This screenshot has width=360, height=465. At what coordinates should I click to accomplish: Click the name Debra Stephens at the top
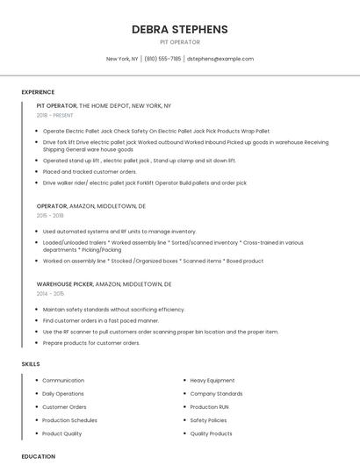(x=179, y=29)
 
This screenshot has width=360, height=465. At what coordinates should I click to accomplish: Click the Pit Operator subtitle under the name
(x=179, y=42)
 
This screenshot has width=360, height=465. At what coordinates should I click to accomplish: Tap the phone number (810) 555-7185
(x=162, y=59)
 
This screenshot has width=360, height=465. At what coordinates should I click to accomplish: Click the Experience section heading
(x=38, y=91)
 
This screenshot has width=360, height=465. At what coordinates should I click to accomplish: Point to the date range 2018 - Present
(x=55, y=115)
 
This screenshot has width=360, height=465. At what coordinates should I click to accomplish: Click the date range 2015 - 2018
(x=50, y=215)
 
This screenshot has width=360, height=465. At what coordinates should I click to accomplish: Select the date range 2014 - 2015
(x=50, y=294)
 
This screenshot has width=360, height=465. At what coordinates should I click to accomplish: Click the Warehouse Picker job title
(x=64, y=284)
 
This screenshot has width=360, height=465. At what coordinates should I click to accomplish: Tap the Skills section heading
(x=31, y=363)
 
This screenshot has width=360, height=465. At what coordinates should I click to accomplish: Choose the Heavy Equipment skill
(x=212, y=381)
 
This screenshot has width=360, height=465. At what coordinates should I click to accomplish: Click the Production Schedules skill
(x=69, y=420)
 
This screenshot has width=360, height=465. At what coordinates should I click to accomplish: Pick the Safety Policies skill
(x=208, y=420)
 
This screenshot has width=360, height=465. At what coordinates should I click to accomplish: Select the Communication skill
(x=63, y=381)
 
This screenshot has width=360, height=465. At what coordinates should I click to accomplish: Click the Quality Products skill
(x=211, y=433)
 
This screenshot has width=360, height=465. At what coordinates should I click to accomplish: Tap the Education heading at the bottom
(x=38, y=456)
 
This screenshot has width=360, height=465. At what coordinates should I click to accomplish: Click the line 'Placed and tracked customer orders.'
(x=90, y=172)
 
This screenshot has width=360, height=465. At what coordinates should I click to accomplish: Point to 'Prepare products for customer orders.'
(x=91, y=343)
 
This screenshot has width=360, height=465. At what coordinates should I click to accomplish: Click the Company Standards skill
(x=216, y=394)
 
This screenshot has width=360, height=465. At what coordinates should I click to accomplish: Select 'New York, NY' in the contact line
(x=122, y=59)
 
